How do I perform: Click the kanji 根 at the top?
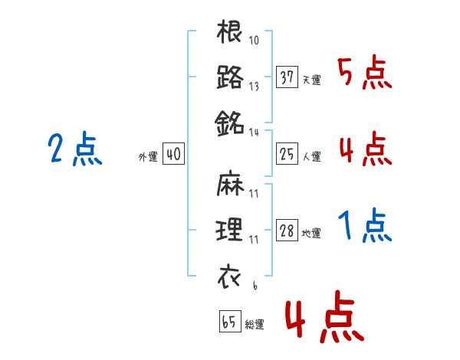pyautogui.click(x=229, y=31)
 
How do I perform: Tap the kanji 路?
pyautogui.click(x=230, y=77)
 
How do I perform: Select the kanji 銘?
pyautogui.click(x=229, y=123)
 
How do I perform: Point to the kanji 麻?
pyautogui.click(x=230, y=183)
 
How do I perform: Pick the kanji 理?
pyautogui.click(x=229, y=229)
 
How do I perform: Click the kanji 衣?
pyautogui.click(x=229, y=277)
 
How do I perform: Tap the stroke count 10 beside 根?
pyautogui.click(x=254, y=40)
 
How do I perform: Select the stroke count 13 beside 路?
pyautogui.click(x=254, y=87)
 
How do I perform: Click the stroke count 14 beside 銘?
pyautogui.click(x=254, y=133)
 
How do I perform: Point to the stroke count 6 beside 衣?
pyautogui.click(x=255, y=286)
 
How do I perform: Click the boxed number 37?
pyautogui.click(x=287, y=77)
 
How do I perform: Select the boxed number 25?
pyautogui.click(x=287, y=154)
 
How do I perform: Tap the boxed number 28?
pyautogui.click(x=287, y=230)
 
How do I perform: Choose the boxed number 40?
pyautogui.click(x=173, y=154)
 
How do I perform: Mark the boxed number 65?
pyautogui.click(x=230, y=321)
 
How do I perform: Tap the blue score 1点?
pyautogui.click(x=365, y=225)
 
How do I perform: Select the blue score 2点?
pyautogui.click(x=75, y=149)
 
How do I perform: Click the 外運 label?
pyautogui.click(x=148, y=157)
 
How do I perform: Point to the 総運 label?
pyautogui.click(x=255, y=324)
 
